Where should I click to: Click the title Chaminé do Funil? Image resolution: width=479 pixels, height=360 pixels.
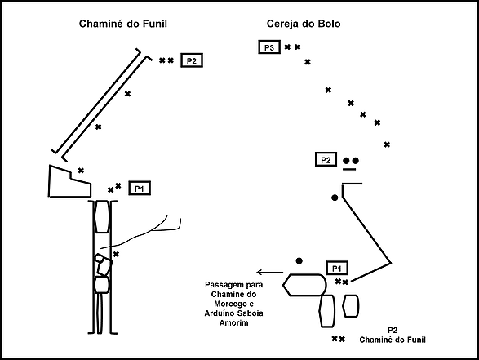point(122,24)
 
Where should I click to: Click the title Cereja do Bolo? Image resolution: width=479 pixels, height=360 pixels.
point(304,24)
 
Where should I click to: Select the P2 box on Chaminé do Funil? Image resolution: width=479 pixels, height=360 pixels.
point(192,60)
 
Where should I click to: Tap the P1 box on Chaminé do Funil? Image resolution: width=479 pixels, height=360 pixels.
point(140,189)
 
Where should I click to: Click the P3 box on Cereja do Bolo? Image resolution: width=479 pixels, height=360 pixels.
point(269,47)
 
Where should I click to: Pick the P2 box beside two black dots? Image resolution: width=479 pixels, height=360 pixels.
point(326,159)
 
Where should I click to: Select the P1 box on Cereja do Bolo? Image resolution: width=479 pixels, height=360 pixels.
point(337,269)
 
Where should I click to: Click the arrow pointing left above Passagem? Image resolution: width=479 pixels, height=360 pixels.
point(270,272)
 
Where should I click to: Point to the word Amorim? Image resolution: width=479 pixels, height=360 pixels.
point(233,322)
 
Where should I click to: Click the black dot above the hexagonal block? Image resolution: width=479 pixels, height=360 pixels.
point(299,261)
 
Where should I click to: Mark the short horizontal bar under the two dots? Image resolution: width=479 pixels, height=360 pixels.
point(349,169)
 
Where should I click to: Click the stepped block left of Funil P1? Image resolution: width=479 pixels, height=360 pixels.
point(69,183)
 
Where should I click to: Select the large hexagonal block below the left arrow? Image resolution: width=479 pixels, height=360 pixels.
point(304,285)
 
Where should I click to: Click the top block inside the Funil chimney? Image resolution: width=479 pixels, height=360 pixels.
point(102,216)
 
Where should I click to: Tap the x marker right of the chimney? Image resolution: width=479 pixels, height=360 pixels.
point(116,254)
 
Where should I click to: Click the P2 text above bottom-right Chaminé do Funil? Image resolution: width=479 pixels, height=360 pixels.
point(393,331)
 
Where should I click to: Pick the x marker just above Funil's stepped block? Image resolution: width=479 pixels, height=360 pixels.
point(81,171)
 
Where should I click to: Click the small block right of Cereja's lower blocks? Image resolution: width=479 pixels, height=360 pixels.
point(351,306)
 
